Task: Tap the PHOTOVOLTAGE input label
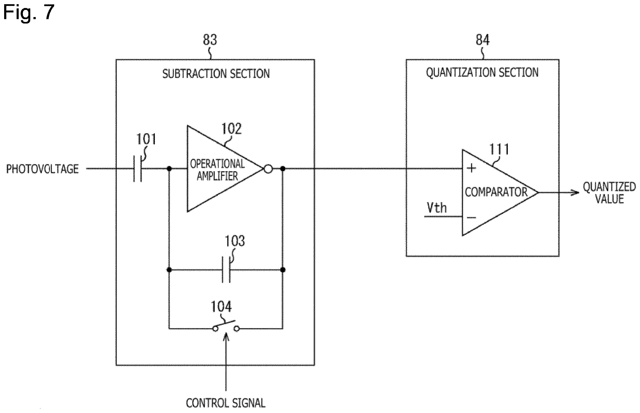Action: click(x=42, y=169)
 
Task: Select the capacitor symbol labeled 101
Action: click(x=138, y=169)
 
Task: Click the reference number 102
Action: click(x=231, y=129)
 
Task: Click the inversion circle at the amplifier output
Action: click(x=268, y=169)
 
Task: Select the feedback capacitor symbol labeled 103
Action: click(x=226, y=270)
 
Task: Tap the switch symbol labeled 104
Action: click(x=226, y=326)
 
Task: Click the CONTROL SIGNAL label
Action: click(x=226, y=403)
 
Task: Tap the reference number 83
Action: click(x=210, y=40)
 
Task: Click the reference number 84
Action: click(x=482, y=40)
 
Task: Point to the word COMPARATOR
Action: click(x=496, y=192)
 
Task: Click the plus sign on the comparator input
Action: click(x=471, y=168)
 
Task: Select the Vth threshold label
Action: click(x=437, y=208)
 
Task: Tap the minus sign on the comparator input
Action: click(x=471, y=218)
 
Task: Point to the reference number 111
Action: click(x=499, y=149)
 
